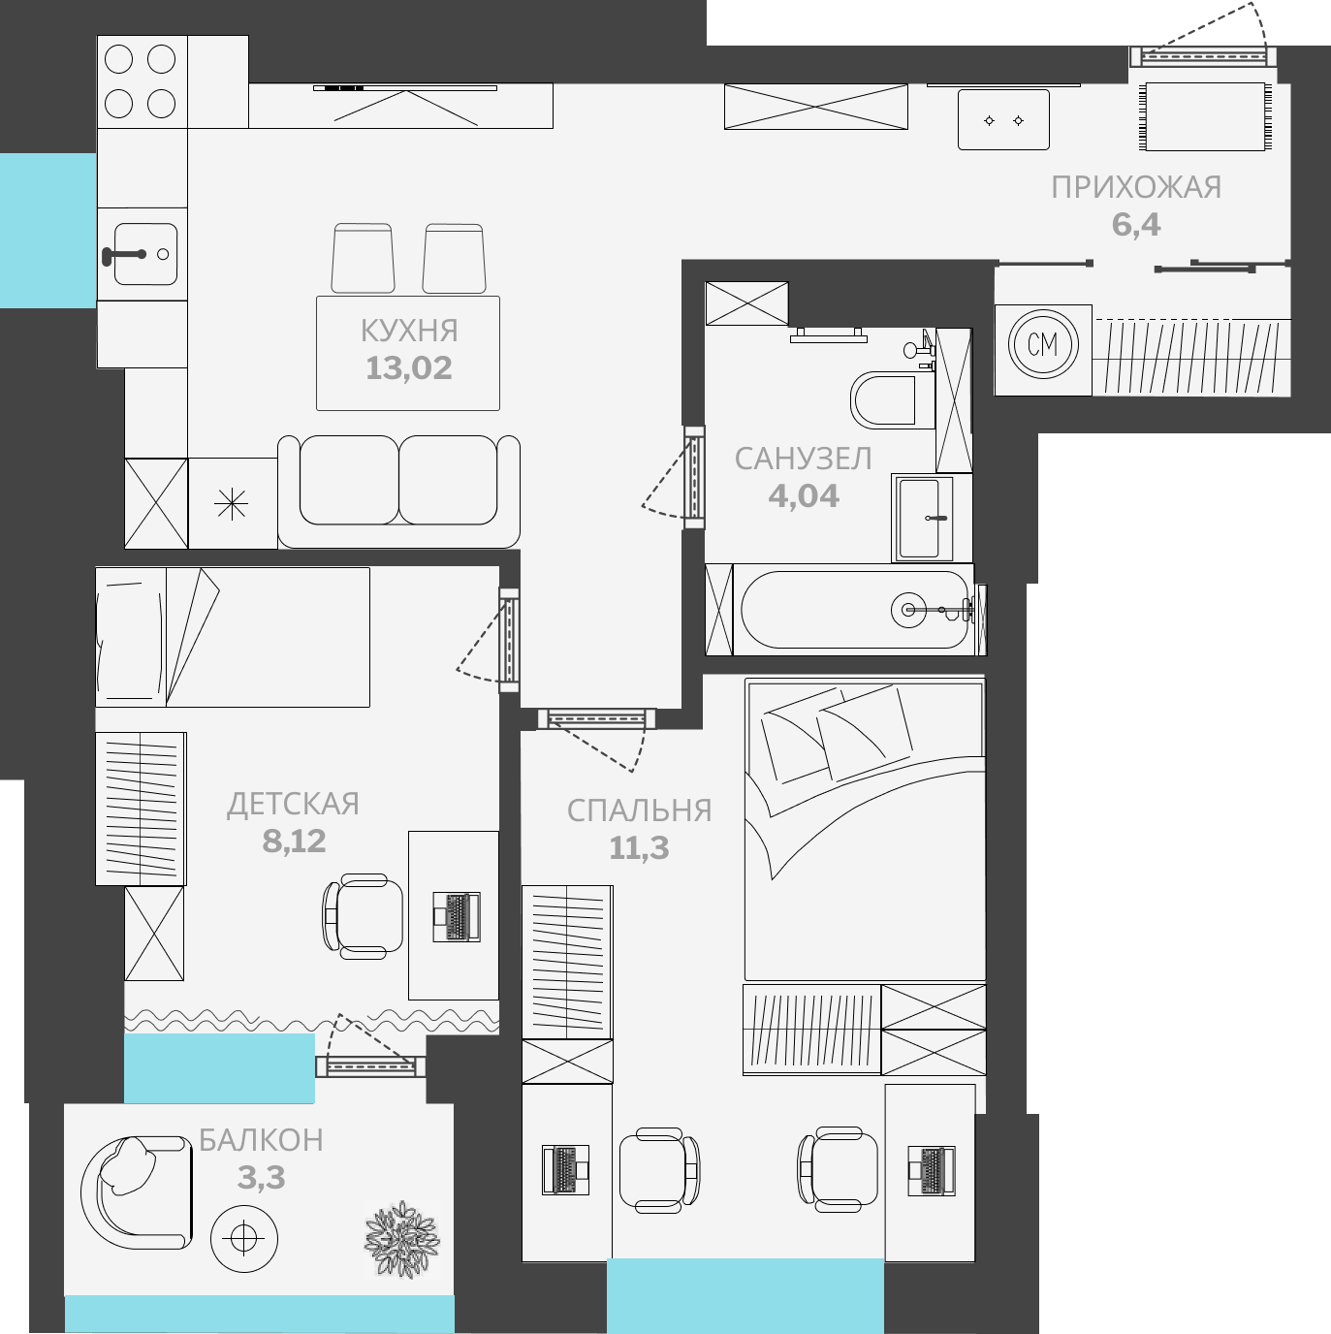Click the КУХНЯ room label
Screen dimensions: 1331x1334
coord(408,331)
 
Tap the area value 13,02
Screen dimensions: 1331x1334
coord(408,368)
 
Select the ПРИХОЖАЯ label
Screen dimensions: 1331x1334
coord(1136,188)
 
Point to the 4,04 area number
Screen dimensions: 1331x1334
coord(804,496)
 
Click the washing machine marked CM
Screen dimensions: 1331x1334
coord(1043,344)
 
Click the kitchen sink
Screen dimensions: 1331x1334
coord(142,254)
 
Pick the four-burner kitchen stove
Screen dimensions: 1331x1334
coord(142,81)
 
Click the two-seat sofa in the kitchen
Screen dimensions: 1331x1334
coord(398,492)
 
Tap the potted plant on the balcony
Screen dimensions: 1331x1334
coord(402,1238)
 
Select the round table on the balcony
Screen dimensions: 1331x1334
coord(243,1238)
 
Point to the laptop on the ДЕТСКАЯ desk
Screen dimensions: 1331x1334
coord(457,916)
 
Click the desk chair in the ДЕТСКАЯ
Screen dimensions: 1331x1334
coord(363,916)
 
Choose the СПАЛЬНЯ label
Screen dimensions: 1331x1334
coord(639,810)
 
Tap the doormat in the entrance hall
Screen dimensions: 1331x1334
coord(1205,116)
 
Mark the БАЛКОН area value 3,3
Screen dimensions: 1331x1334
coord(261,1178)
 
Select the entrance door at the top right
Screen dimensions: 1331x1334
coord(1203,56)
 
